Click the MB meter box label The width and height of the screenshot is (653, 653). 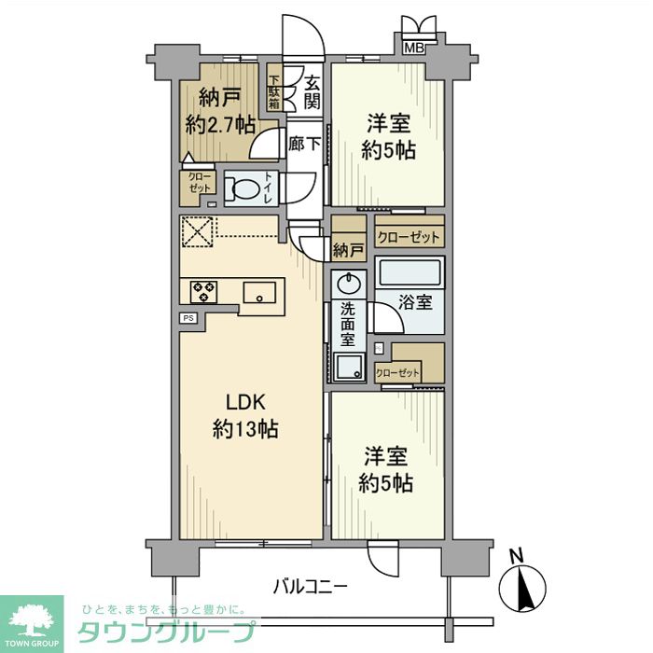414,48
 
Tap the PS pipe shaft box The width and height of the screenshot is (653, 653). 188,318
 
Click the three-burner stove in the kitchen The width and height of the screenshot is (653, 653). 203,291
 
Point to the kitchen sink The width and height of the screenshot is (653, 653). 259,292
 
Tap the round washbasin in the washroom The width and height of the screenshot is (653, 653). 349,285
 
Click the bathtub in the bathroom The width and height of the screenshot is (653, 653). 410,272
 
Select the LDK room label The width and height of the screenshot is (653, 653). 245,403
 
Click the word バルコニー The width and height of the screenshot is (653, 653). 311,587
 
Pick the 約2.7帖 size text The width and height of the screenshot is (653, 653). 220,124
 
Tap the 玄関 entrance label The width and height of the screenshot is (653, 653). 312,93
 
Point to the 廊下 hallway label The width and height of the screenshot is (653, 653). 305,144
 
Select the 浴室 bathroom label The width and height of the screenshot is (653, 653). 416,302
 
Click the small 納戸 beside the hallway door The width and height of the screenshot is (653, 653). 349,251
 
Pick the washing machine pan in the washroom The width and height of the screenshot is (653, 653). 349,368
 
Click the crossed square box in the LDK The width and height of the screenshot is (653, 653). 198,231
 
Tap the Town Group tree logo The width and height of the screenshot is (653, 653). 32,620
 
